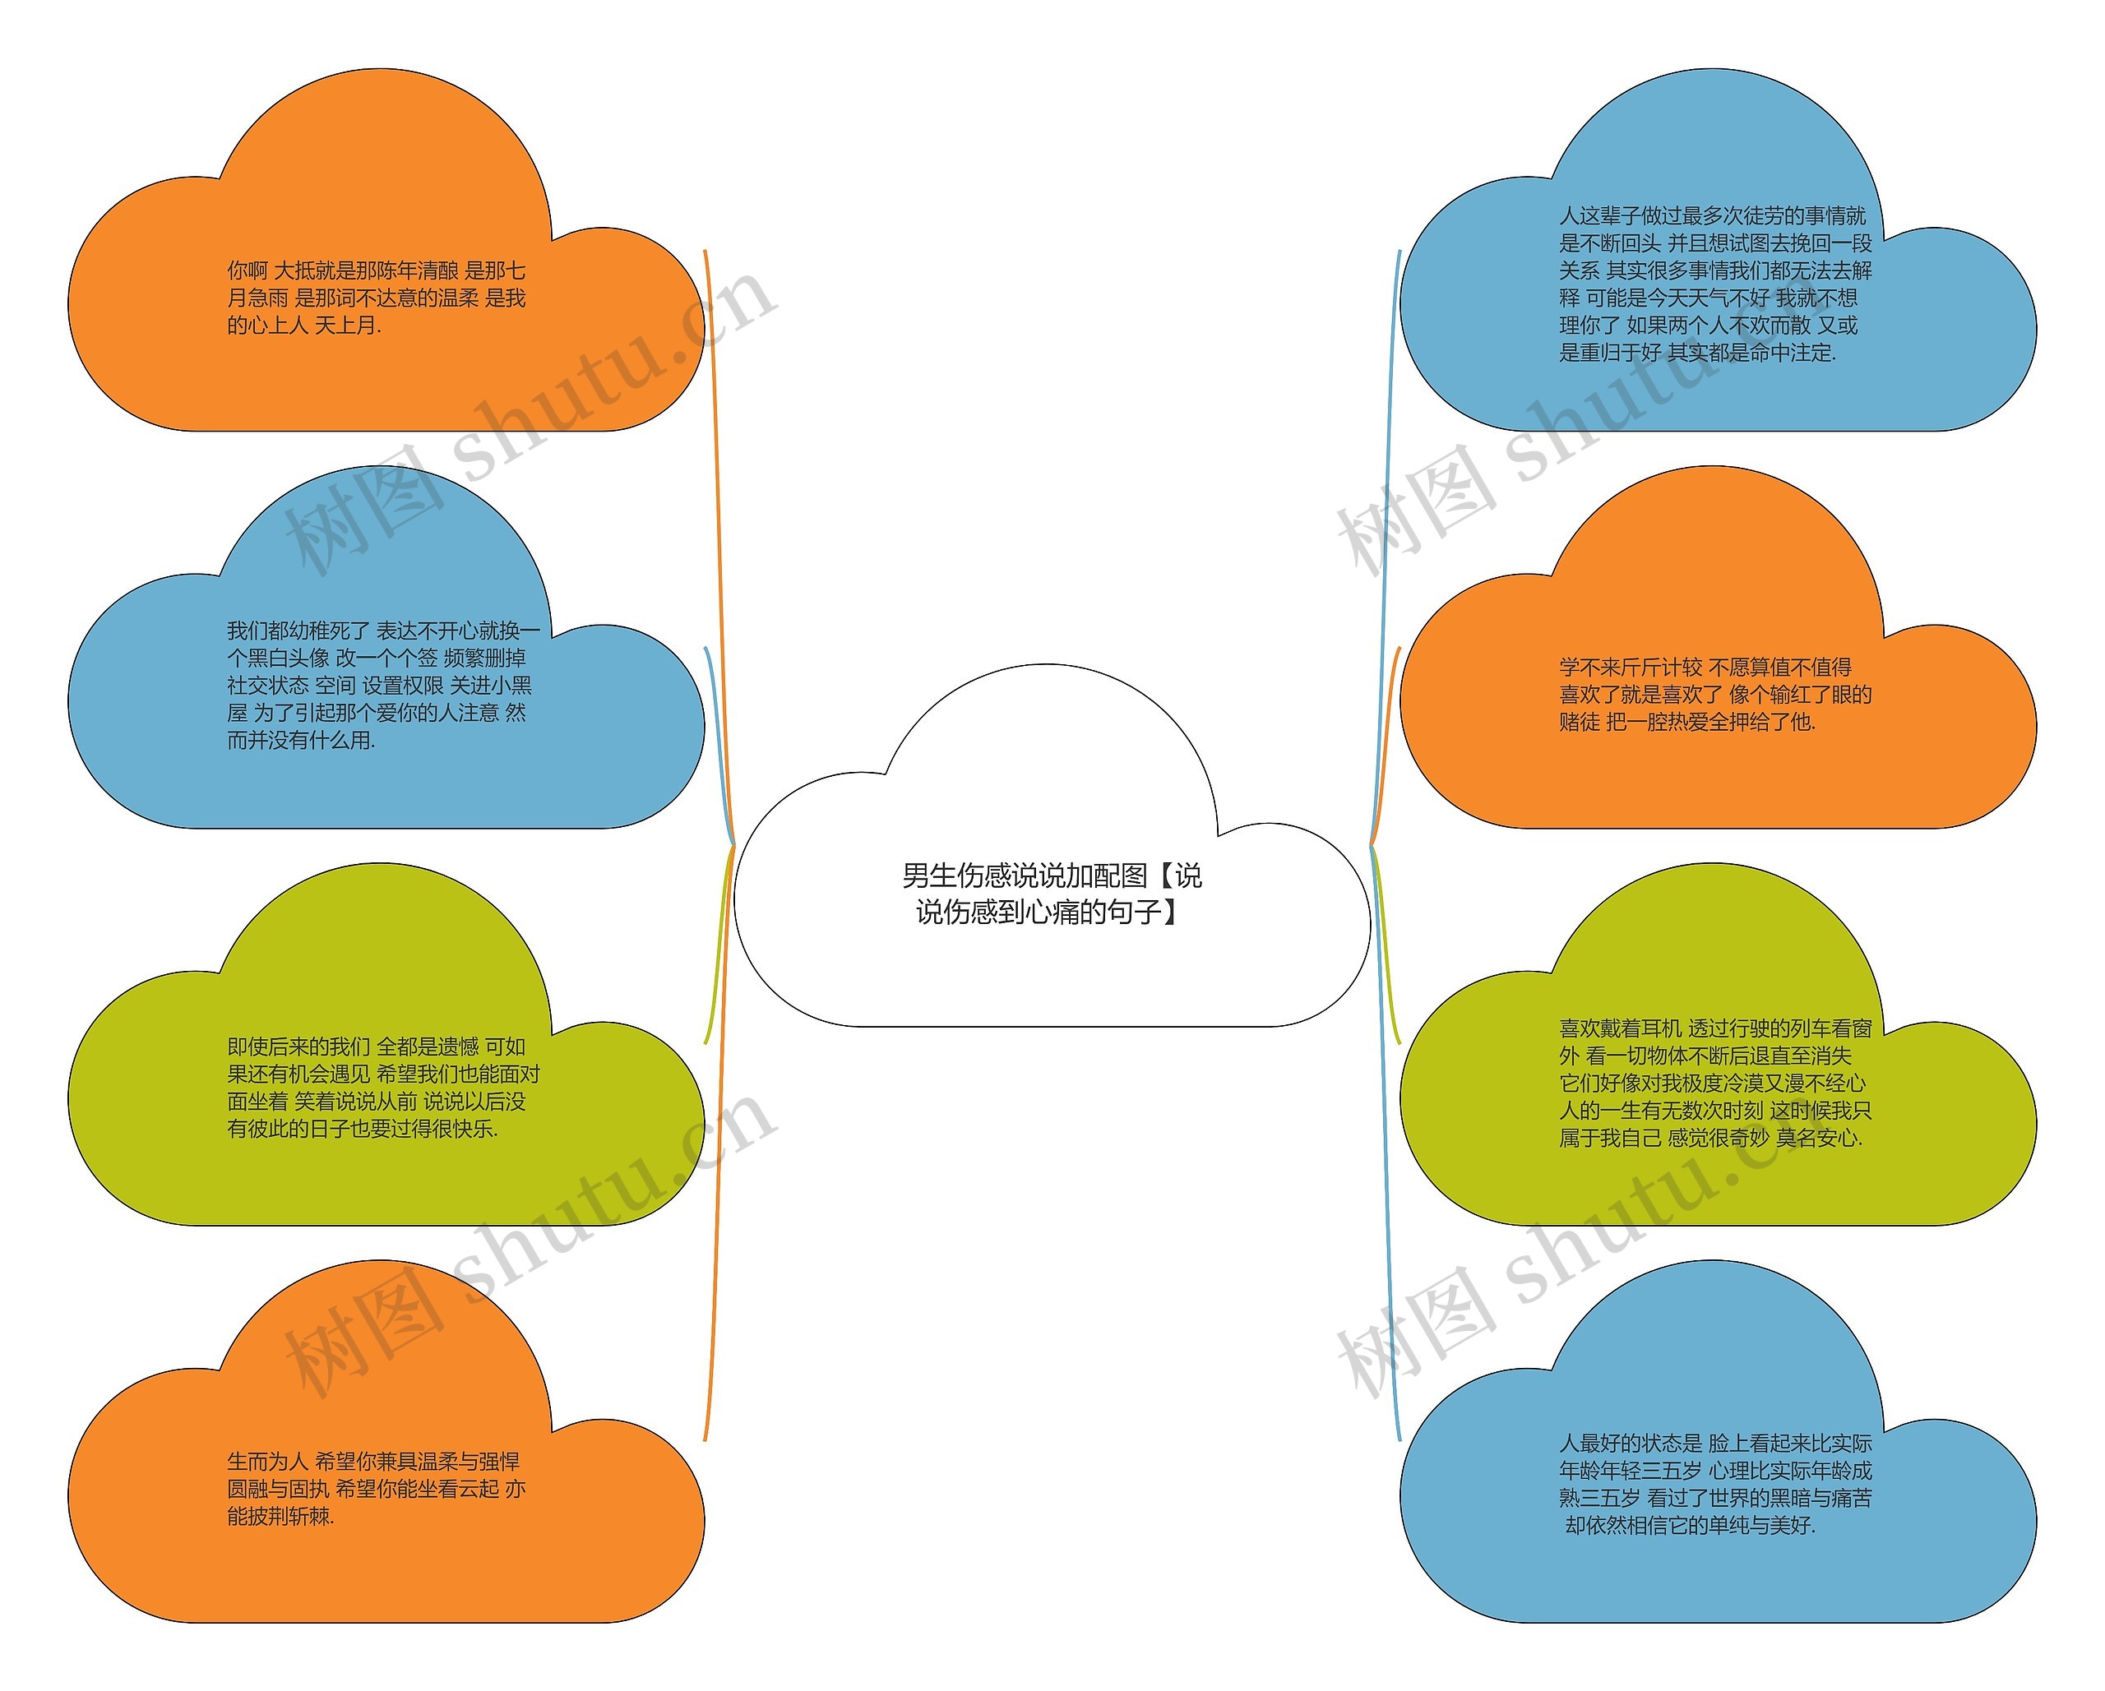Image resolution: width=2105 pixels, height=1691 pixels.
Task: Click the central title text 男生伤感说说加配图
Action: pyautogui.click(x=1051, y=876)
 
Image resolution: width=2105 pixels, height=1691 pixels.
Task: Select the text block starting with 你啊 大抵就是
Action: pyautogui.click(x=377, y=298)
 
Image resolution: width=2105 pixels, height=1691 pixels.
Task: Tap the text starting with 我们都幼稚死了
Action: pyautogui.click(x=382, y=686)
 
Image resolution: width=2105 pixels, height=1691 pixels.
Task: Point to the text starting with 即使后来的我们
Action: pyautogui.click(x=382, y=1088)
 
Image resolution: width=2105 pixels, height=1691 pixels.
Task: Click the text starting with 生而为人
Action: pyautogui.click(x=377, y=1489)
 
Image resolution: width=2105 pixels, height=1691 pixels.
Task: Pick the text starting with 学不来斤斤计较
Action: pyautogui.click(x=1714, y=694)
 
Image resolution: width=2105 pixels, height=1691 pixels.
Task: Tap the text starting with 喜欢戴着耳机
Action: pyautogui.click(x=1714, y=1083)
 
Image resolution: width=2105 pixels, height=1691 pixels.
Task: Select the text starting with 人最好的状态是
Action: pyautogui.click(x=1714, y=1484)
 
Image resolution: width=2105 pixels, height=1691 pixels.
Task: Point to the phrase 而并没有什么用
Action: pyautogui.click(x=302, y=741)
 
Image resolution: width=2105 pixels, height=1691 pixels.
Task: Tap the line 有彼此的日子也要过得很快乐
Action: pyautogui.click(x=363, y=1130)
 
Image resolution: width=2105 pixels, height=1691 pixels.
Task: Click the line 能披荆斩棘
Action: pyautogui.click(x=281, y=1516)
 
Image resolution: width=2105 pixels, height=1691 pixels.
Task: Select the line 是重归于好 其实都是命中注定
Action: pyautogui.click(x=1697, y=353)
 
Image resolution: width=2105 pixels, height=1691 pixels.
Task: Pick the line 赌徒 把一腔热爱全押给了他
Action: pyautogui.click(x=1687, y=723)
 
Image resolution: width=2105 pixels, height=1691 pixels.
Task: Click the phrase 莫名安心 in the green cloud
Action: pyautogui.click(x=1819, y=1139)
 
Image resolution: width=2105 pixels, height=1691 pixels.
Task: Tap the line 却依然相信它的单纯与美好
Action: pyautogui.click(x=1690, y=1526)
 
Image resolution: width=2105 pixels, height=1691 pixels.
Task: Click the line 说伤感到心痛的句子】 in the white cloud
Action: pyautogui.click(x=1048, y=912)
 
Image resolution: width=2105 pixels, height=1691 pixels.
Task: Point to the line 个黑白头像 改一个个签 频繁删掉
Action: pyautogui.click(x=377, y=658)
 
